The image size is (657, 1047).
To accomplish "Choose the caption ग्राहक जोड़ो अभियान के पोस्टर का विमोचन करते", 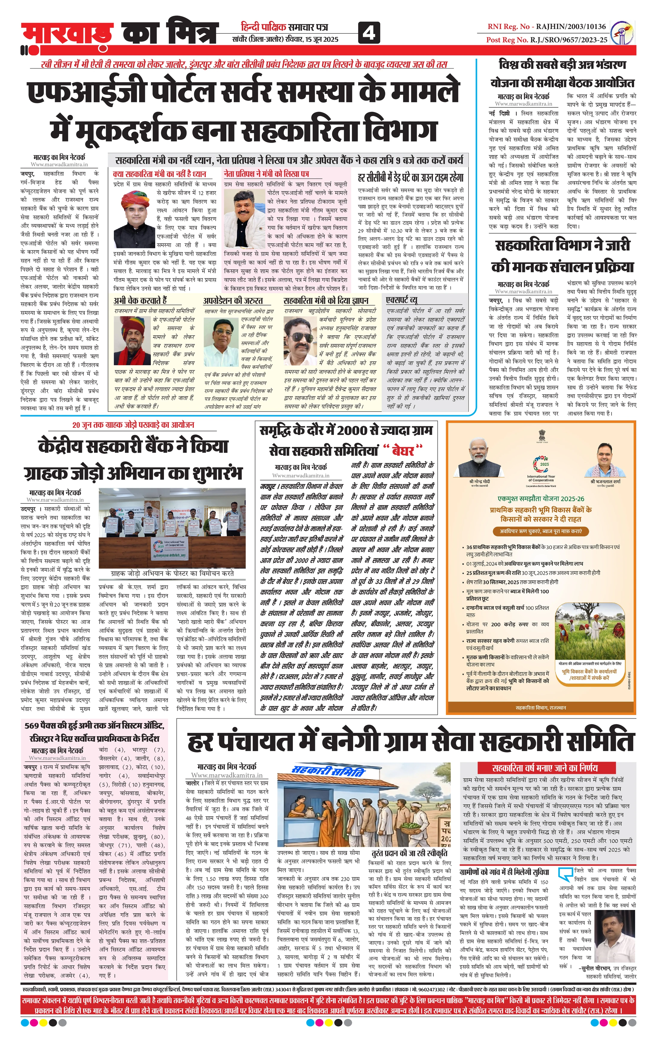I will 173,573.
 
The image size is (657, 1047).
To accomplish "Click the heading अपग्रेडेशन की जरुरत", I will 232,301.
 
